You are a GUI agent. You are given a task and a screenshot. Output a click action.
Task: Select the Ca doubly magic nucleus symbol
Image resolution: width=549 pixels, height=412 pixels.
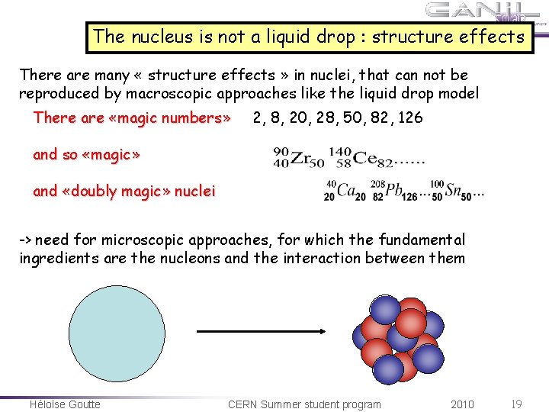(339, 191)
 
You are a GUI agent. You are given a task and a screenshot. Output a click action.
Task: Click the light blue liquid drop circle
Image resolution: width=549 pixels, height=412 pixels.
(117, 332)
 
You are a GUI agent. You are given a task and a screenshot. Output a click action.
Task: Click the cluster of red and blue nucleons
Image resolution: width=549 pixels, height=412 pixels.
(397, 336)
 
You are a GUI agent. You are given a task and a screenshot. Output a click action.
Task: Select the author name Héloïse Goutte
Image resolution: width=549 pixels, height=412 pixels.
(65, 404)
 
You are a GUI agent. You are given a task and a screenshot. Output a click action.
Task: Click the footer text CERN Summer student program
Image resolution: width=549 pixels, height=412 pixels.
(304, 404)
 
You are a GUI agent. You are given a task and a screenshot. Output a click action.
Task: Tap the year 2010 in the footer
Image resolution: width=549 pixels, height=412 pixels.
(462, 404)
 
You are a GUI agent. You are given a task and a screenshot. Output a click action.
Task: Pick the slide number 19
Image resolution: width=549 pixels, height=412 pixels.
(516, 404)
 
